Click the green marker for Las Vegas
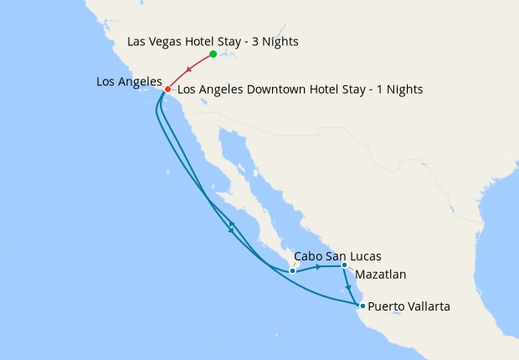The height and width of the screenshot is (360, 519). click(213, 54)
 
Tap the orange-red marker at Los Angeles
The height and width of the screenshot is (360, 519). click(167, 89)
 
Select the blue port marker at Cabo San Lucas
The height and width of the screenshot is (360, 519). click(292, 270)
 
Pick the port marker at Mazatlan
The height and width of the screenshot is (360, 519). click(344, 266)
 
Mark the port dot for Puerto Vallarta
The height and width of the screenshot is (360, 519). click(362, 306)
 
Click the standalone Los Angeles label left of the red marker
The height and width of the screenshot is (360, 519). click(129, 81)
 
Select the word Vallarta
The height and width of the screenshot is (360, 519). click(426, 306)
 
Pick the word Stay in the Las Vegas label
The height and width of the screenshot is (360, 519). click(237, 41)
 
